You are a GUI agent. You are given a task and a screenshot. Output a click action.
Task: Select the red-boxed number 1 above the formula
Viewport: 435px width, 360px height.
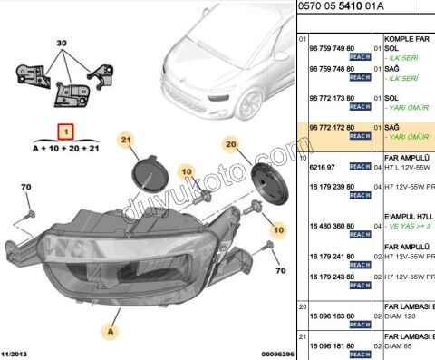point(63,131)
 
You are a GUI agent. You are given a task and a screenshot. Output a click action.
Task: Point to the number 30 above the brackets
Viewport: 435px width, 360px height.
point(62,44)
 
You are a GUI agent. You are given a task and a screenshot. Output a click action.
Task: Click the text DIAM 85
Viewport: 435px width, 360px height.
point(402,345)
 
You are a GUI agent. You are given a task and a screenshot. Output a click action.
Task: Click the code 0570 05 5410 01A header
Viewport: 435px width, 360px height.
point(345,6)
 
